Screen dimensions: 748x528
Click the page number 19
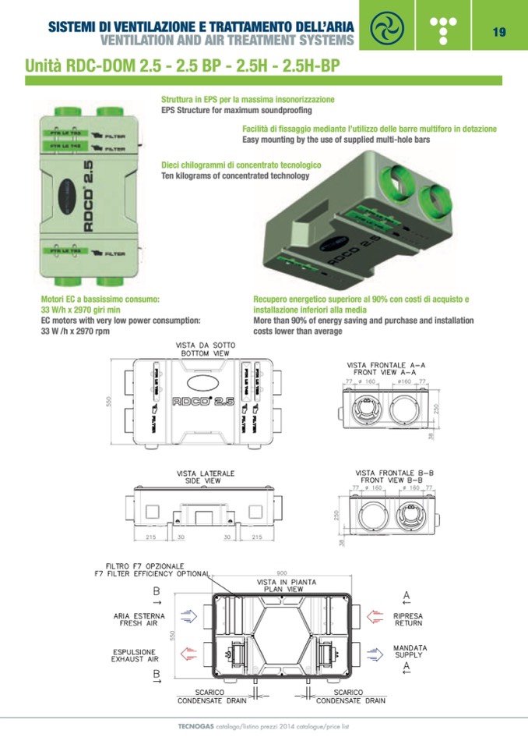click(499, 32)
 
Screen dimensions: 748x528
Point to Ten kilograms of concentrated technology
click(235, 175)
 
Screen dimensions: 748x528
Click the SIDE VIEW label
click(202, 481)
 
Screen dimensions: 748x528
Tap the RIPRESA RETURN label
click(408, 619)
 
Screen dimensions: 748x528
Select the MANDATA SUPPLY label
click(408, 652)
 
